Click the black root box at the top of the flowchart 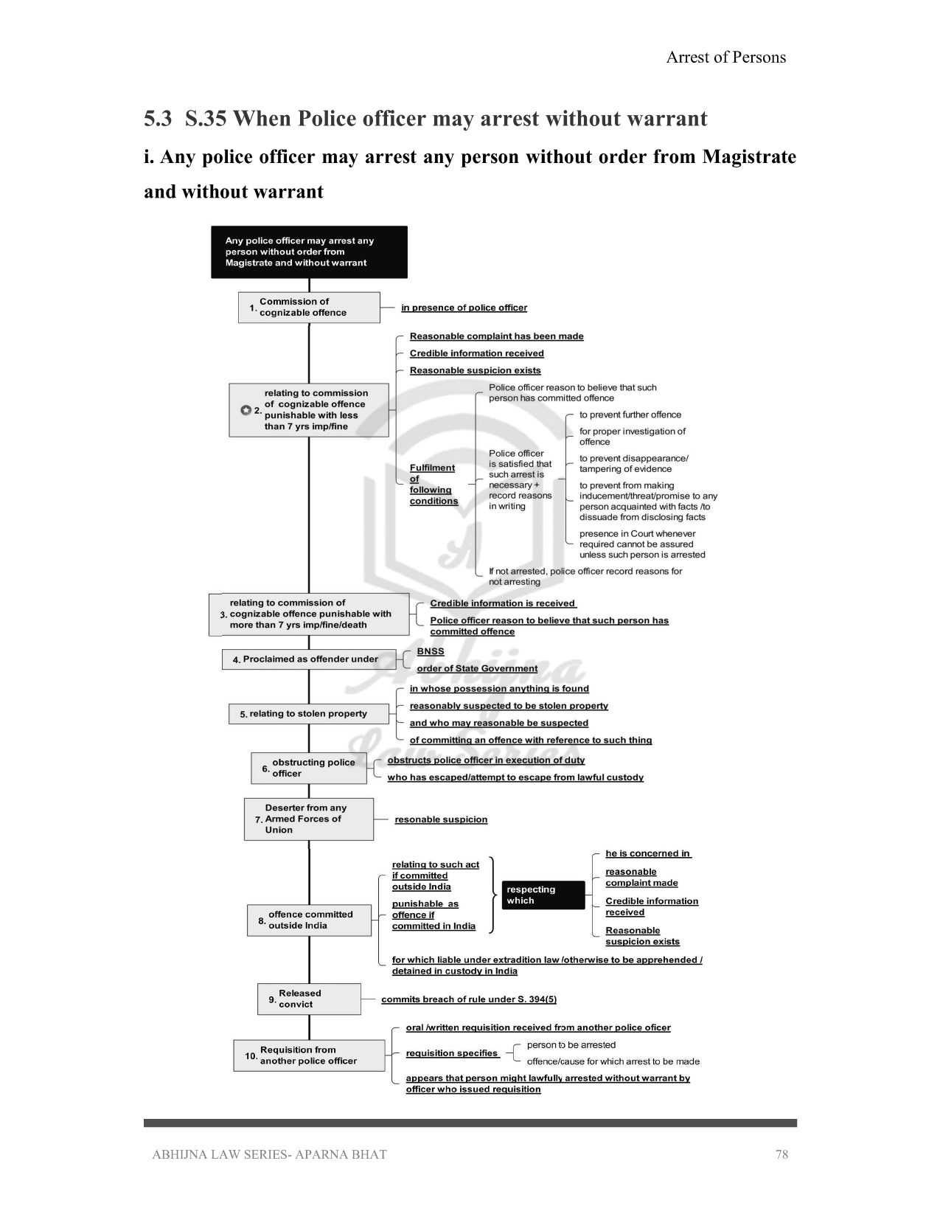(x=309, y=252)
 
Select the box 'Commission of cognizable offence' (x=309, y=308)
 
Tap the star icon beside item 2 (x=246, y=410)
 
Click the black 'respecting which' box (x=544, y=895)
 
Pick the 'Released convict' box (x=309, y=999)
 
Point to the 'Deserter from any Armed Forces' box (x=309, y=819)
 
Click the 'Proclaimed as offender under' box (x=309, y=659)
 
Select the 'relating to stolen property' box (x=309, y=714)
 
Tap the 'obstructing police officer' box (x=309, y=768)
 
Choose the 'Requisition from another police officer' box (x=309, y=1055)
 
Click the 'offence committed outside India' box (x=309, y=920)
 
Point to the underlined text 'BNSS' (x=431, y=651)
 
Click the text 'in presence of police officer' (x=464, y=308)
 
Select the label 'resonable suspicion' (x=441, y=819)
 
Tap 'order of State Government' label (x=477, y=668)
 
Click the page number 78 (x=781, y=1154)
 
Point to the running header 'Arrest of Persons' (x=725, y=58)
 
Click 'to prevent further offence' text (x=630, y=415)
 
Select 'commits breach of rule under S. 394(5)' (x=469, y=999)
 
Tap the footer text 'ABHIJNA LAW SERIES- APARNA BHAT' (x=269, y=1154)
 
